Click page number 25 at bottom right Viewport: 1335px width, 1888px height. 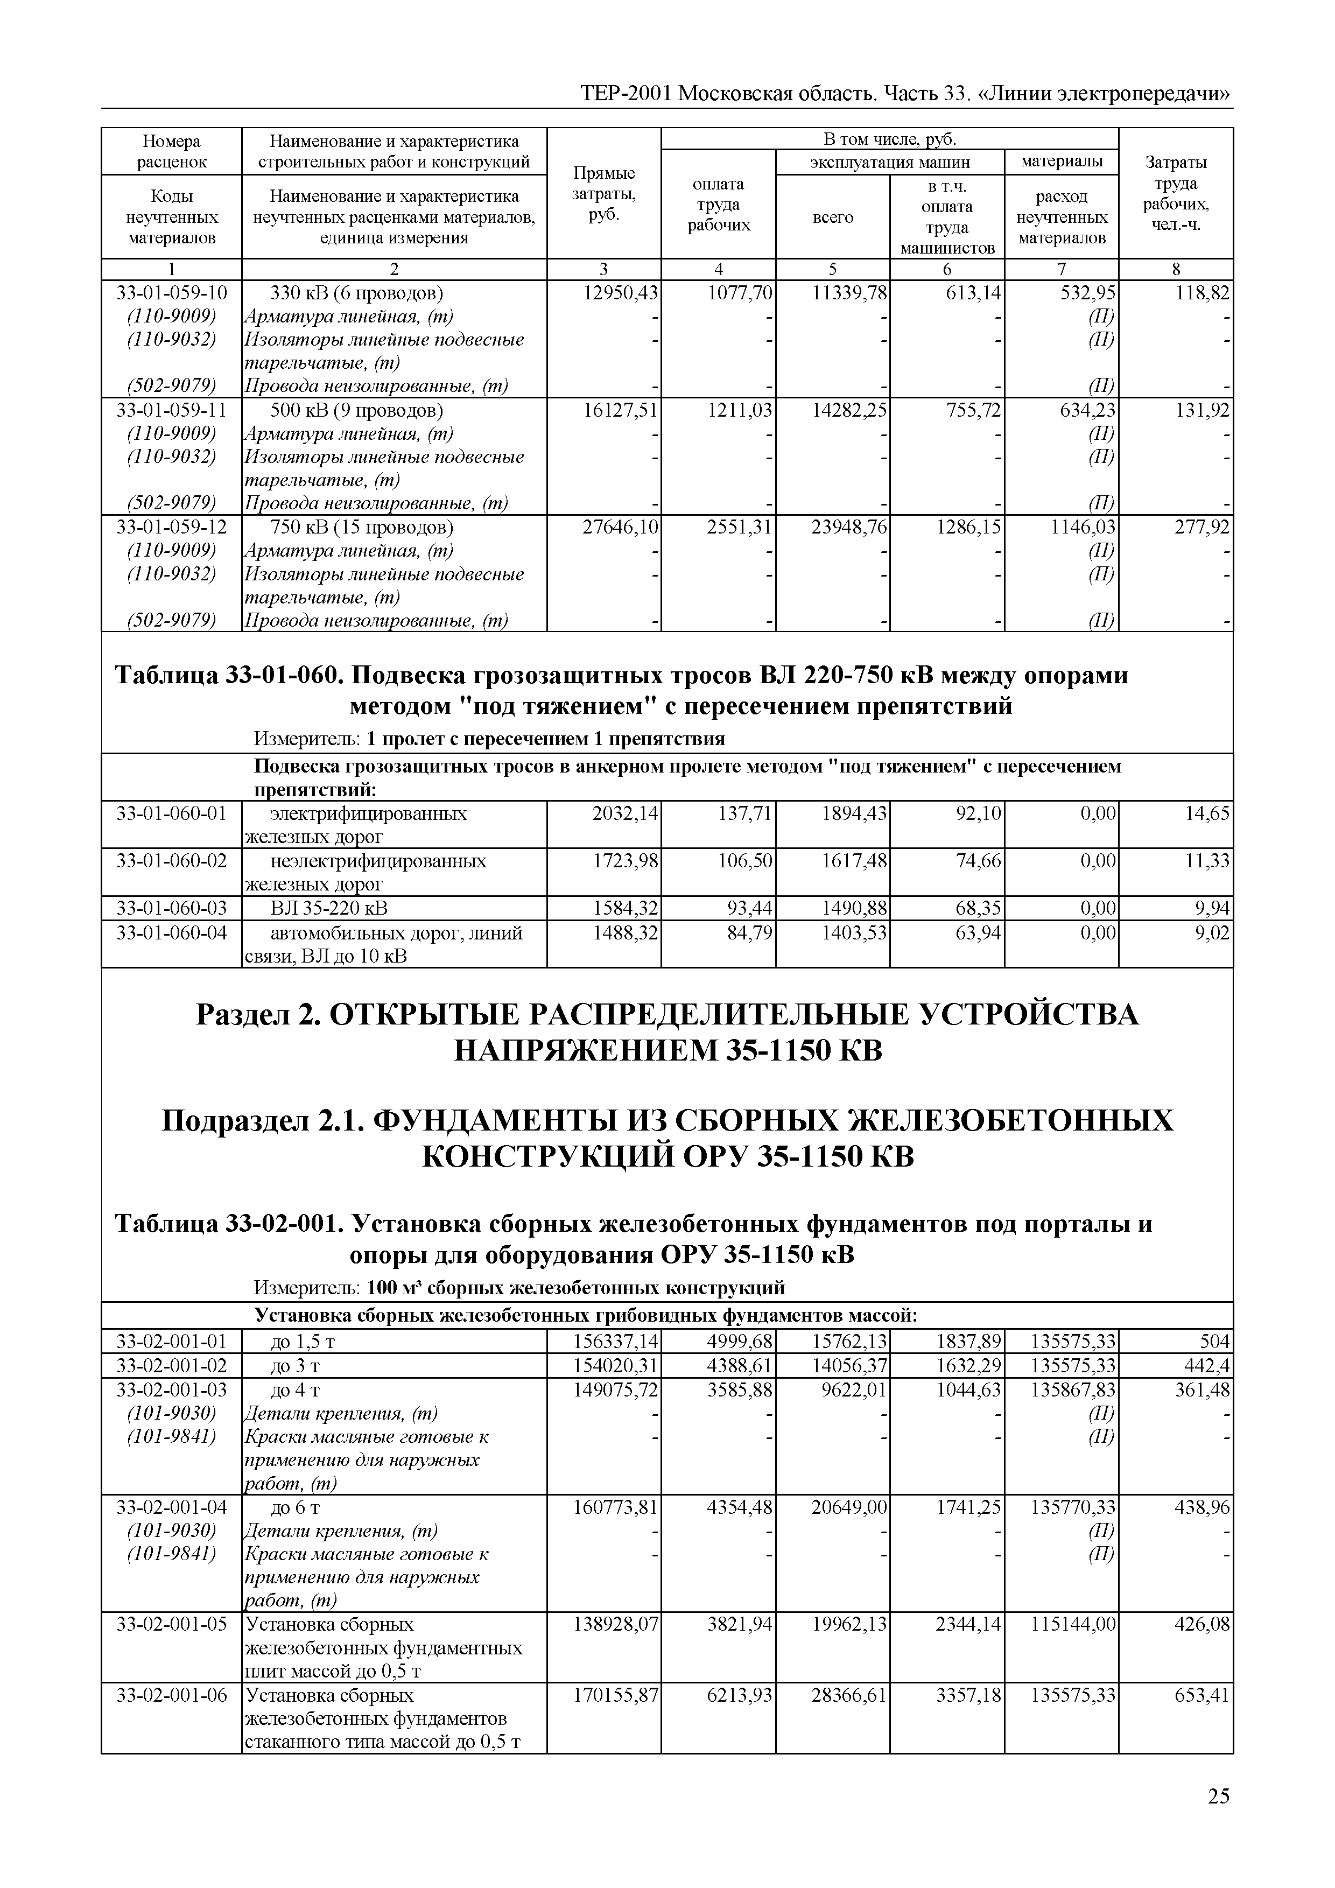click(x=1218, y=1796)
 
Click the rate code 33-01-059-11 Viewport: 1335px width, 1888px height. click(x=171, y=410)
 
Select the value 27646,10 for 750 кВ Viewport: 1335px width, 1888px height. click(x=620, y=527)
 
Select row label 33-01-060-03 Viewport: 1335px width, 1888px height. click(x=171, y=908)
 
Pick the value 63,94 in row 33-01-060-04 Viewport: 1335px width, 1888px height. click(x=978, y=932)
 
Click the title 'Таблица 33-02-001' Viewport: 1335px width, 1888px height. click(x=227, y=1224)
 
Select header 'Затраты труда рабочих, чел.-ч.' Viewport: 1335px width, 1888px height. click(x=1176, y=194)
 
